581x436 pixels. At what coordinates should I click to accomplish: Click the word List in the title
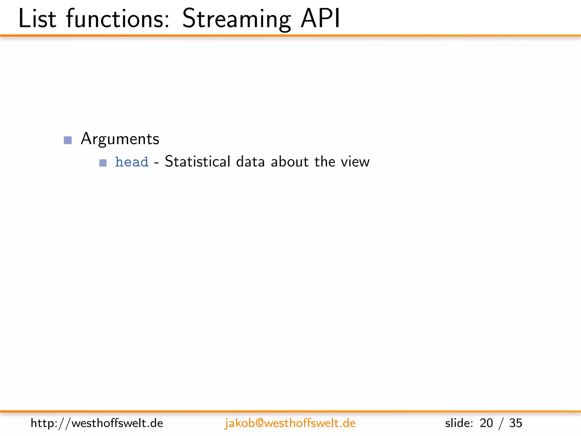click(x=37, y=19)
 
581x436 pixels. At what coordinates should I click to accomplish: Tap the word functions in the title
click(x=118, y=19)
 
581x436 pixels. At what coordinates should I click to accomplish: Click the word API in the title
click(x=320, y=19)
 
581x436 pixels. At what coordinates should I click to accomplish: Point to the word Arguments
click(x=120, y=139)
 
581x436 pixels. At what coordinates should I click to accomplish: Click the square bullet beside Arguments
click(x=68, y=140)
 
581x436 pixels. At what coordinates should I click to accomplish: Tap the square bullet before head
click(x=103, y=163)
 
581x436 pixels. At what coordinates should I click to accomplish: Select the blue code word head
click(x=132, y=162)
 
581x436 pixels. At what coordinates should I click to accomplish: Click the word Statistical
click(x=197, y=162)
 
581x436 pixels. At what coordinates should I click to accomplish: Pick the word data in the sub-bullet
click(x=250, y=162)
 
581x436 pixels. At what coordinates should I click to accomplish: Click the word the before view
click(x=325, y=162)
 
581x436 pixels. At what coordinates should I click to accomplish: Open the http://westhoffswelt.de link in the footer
click(x=97, y=423)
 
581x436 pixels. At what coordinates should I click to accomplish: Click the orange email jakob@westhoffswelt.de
click(x=290, y=423)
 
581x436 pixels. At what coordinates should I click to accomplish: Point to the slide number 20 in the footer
click(x=486, y=423)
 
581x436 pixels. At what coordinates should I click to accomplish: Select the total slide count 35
click(x=515, y=423)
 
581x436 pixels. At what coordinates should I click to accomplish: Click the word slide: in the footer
click(x=459, y=423)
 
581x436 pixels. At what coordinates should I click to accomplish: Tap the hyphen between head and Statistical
click(x=156, y=163)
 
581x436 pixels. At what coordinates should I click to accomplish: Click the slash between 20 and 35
click(x=501, y=424)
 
